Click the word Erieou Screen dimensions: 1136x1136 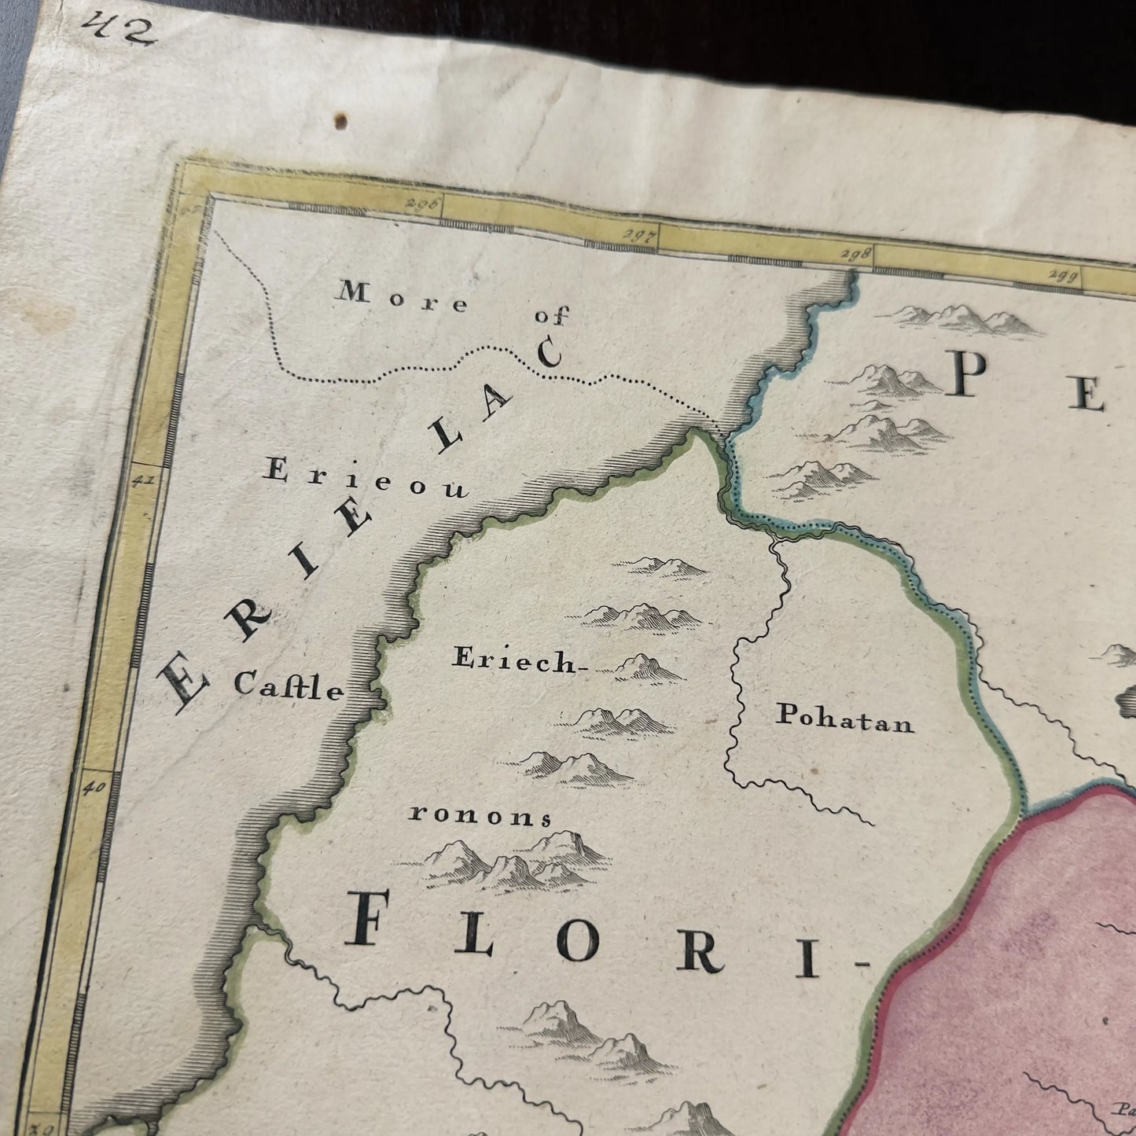[366, 480]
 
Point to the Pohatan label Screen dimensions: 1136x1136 [845, 717]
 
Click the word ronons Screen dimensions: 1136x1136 [480, 816]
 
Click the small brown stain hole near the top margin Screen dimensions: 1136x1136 [342, 122]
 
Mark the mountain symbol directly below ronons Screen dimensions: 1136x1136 [511, 865]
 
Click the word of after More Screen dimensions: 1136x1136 [550, 316]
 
